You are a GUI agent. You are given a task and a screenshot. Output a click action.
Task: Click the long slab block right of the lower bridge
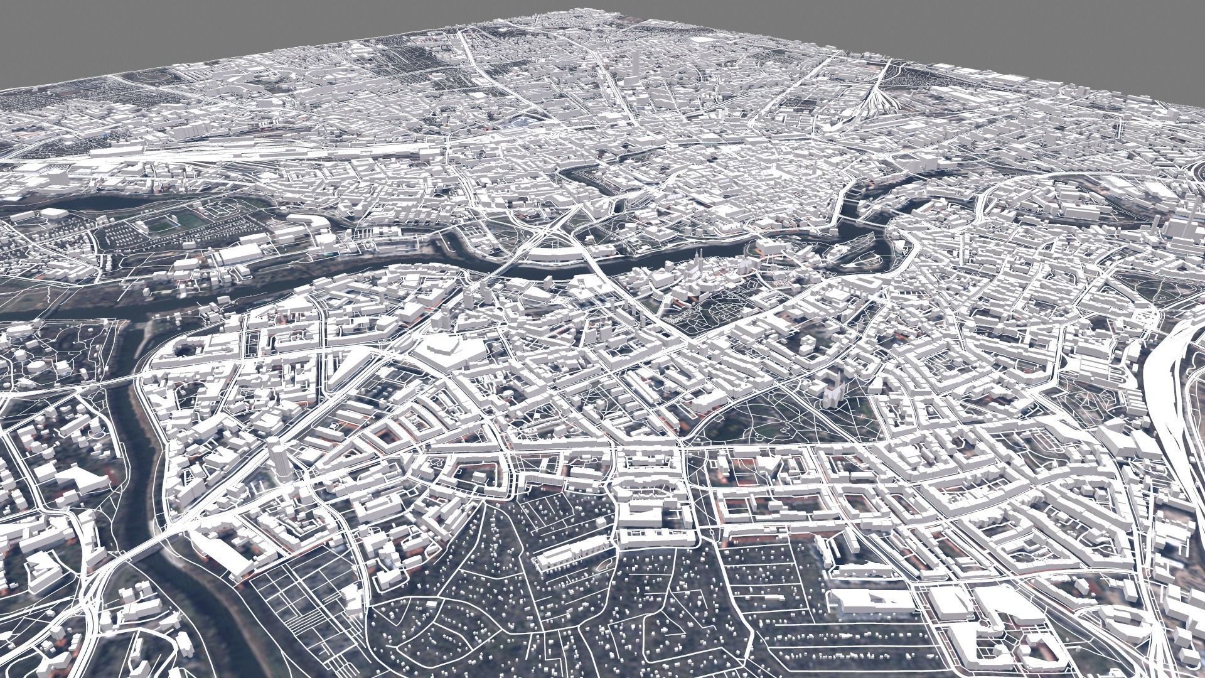click(x=229, y=552)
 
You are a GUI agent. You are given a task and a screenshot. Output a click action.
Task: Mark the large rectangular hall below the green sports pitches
click(x=238, y=255)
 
